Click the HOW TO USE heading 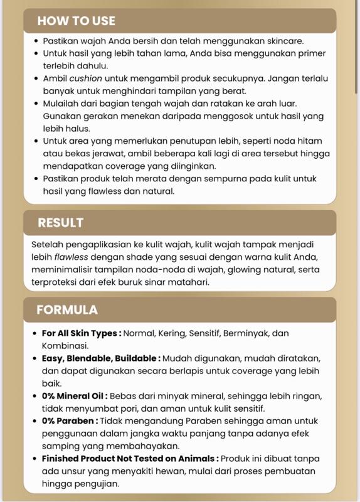(x=76, y=21)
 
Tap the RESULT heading (x=60, y=222)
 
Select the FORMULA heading (x=66, y=309)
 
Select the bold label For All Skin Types (x=81, y=333)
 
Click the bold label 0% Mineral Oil (x=75, y=396)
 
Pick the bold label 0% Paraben (x=70, y=421)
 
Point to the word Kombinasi (x=65, y=346)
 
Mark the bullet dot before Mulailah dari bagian (x=36, y=104)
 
